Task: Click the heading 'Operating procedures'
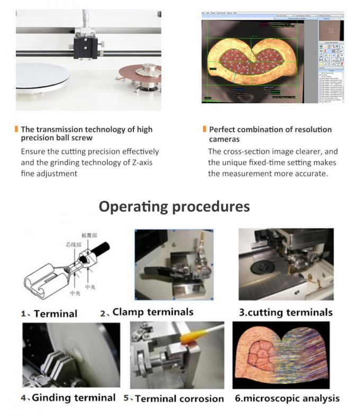[174, 206]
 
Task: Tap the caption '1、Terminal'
[49, 314]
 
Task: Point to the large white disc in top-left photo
[42, 77]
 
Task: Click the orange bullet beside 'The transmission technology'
[16, 129]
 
